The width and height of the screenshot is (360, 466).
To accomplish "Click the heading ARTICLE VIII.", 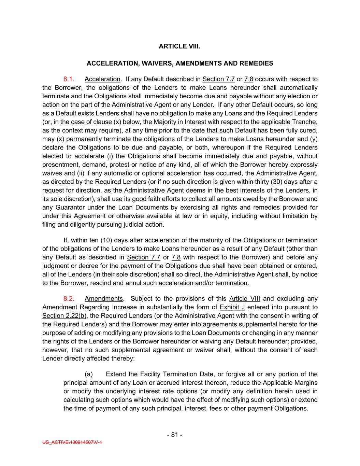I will click(x=179, y=46).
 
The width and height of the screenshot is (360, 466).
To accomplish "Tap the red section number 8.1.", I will click(x=69, y=79).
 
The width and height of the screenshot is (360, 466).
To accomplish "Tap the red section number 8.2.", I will click(x=69, y=299).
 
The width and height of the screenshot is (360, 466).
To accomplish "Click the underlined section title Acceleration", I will click(x=102, y=79).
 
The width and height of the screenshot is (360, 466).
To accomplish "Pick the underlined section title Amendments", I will click(x=104, y=299).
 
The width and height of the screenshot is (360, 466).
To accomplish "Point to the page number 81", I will click(x=175, y=435).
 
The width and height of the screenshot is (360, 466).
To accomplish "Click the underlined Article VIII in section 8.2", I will click(x=245, y=299).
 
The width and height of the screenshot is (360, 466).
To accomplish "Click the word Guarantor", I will click(x=68, y=208).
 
